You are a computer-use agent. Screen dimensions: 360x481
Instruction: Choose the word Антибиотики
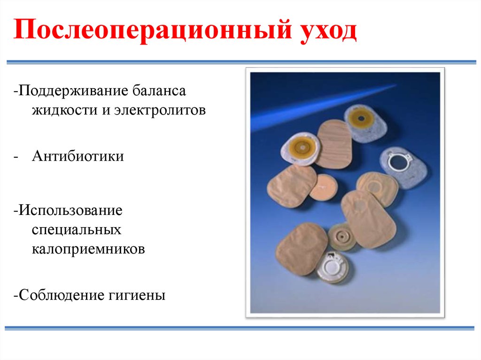point(78,156)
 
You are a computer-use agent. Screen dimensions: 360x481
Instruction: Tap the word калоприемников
point(88,249)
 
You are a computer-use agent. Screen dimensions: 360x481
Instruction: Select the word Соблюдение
point(61,296)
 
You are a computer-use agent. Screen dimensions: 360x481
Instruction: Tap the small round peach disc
point(323,186)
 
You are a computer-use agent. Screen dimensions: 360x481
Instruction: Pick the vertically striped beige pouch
point(334,144)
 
